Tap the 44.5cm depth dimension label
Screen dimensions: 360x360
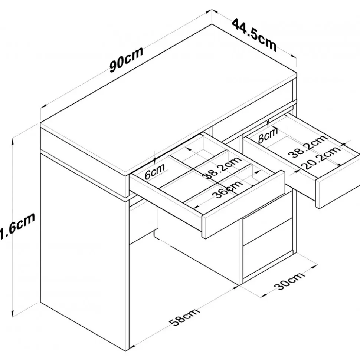(x=254, y=34)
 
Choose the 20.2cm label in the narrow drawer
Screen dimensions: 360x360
(x=322, y=158)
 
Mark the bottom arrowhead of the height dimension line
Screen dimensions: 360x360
(x=14, y=311)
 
